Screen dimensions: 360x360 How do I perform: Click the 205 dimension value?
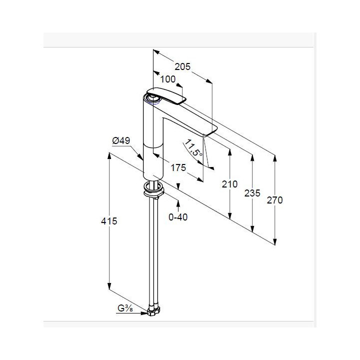point(182,66)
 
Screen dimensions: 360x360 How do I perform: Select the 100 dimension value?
point(168,79)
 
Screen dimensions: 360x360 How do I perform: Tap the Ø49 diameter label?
point(121,140)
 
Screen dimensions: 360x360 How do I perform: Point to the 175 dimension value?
point(178,168)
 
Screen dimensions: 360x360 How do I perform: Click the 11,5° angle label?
point(193,148)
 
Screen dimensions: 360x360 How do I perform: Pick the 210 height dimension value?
point(229,184)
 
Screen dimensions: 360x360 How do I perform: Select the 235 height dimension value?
point(252,193)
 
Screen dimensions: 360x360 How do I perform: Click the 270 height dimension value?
point(274,200)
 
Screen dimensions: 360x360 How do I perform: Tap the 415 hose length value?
point(109,221)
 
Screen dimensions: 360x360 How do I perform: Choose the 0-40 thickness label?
point(178,217)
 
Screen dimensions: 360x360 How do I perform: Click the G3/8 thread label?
point(125,308)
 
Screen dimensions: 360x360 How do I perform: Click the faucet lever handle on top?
point(166,95)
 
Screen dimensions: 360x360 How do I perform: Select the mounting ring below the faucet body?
point(153,189)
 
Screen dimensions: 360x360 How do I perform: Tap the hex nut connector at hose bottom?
point(153,310)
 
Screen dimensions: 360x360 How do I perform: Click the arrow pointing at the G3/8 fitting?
point(131,313)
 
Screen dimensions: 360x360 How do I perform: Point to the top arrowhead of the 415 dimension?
point(109,155)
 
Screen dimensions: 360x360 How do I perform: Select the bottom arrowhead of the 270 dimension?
point(275,241)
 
